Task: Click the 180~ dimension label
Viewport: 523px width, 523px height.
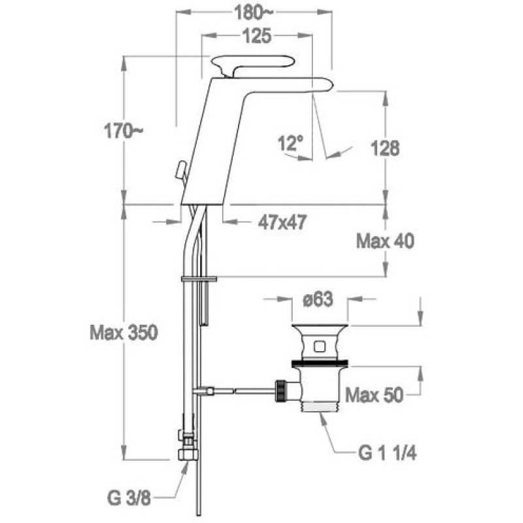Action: click(x=254, y=13)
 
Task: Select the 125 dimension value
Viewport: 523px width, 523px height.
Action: click(x=257, y=36)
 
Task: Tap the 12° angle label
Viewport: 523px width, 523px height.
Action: click(x=291, y=143)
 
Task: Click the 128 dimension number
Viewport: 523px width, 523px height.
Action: click(x=385, y=148)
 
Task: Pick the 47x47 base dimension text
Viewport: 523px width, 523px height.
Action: click(x=282, y=222)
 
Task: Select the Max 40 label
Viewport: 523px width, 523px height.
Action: click(x=385, y=241)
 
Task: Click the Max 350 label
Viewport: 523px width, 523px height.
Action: click(x=124, y=333)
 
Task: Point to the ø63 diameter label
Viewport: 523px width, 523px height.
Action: click(x=318, y=299)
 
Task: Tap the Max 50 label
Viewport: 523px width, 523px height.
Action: click(x=374, y=395)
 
